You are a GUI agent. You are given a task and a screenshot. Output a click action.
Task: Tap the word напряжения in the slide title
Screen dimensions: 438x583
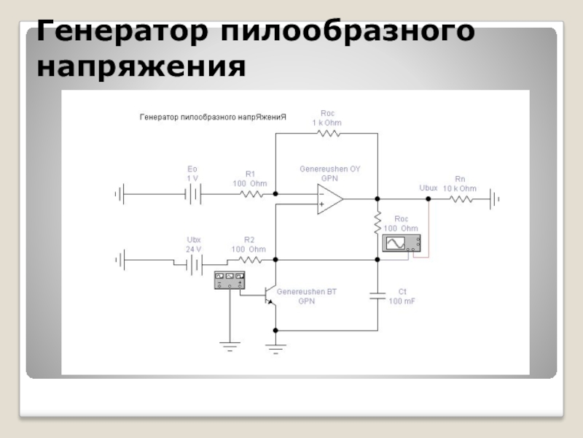[x=140, y=67]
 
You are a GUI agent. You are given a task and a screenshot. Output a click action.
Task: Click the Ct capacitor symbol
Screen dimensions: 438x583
[x=377, y=296]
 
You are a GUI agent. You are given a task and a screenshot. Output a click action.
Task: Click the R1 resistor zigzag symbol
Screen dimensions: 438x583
[x=251, y=194]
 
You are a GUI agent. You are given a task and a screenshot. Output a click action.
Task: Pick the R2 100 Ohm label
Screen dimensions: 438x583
[x=249, y=244]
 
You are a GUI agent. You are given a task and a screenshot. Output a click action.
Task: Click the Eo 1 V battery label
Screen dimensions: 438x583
[x=192, y=173]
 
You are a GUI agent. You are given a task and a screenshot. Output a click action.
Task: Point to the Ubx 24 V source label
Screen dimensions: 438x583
[x=193, y=244]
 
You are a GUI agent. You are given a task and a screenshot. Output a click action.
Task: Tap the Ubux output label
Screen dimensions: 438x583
[x=429, y=188]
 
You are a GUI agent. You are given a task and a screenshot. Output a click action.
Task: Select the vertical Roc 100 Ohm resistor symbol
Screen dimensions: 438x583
[x=377, y=220]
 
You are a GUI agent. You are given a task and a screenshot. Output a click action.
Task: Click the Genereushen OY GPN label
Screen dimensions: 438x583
[x=330, y=173]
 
